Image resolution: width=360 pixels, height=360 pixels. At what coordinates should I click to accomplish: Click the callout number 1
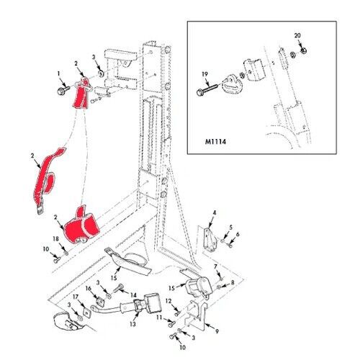(58, 73)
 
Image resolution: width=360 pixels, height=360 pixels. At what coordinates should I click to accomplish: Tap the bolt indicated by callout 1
(63, 90)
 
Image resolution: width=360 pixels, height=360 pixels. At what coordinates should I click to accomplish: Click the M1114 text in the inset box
(215, 142)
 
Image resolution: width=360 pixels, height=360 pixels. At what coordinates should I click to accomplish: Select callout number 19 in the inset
(204, 74)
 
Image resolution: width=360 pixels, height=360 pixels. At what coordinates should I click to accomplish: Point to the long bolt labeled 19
(207, 89)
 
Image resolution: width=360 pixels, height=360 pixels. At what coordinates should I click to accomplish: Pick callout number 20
(297, 35)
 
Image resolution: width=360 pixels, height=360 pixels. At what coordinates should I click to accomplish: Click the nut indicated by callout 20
(304, 50)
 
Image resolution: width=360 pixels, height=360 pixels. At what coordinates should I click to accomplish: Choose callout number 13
(132, 324)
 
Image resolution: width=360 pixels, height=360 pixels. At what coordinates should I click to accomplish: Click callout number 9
(217, 331)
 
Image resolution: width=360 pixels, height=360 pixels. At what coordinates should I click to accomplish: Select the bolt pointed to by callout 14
(120, 288)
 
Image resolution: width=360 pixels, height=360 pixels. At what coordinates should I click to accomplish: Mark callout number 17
(76, 297)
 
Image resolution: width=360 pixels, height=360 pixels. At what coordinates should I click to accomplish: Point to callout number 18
(55, 239)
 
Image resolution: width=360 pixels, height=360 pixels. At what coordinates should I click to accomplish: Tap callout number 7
(215, 266)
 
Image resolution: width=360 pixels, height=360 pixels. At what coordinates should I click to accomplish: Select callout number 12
(168, 301)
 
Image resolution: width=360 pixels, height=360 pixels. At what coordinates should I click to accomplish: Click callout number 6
(238, 234)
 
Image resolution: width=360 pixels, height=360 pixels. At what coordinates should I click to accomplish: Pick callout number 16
(89, 289)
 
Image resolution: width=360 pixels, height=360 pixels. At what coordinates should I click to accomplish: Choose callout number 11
(159, 318)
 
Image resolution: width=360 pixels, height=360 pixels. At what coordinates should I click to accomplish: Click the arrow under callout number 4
(211, 222)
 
